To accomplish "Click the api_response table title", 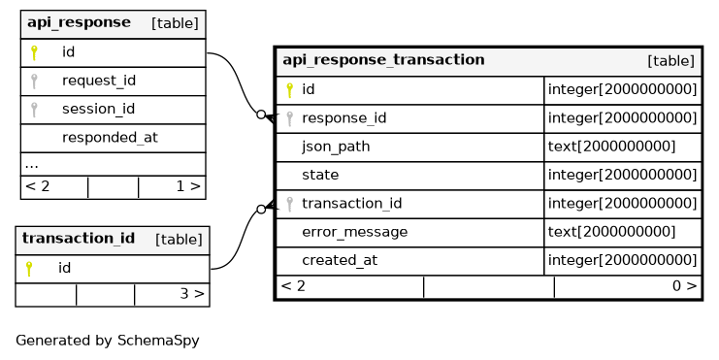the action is (x=79, y=22).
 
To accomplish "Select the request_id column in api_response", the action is (x=99, y=81).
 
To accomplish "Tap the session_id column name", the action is (x=98, y=109).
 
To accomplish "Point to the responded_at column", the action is (x=110, y=138).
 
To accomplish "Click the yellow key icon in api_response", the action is (x=34, y=52).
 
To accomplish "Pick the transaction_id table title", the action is (x=79, y=239).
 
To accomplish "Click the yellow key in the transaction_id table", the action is (x=29, y=269).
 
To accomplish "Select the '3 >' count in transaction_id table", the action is (x=192, y=293).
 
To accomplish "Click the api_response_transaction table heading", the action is (x=383, y=60).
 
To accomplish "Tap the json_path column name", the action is (x=336, y=147).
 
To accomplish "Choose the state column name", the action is (x=320, y=175).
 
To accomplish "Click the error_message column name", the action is (x=354, y=232).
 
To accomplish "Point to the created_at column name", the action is (x=340, y=260).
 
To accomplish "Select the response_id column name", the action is (x=343, y=118).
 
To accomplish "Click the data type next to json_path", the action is (x=611, y=147).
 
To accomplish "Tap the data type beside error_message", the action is (x=611, y=232).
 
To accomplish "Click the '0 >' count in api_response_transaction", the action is (x=684, y=286).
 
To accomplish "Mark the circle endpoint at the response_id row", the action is (x=261, y=115).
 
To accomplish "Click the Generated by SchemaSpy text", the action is (x=108, y=341).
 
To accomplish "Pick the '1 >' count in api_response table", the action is (x=188, y=186).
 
